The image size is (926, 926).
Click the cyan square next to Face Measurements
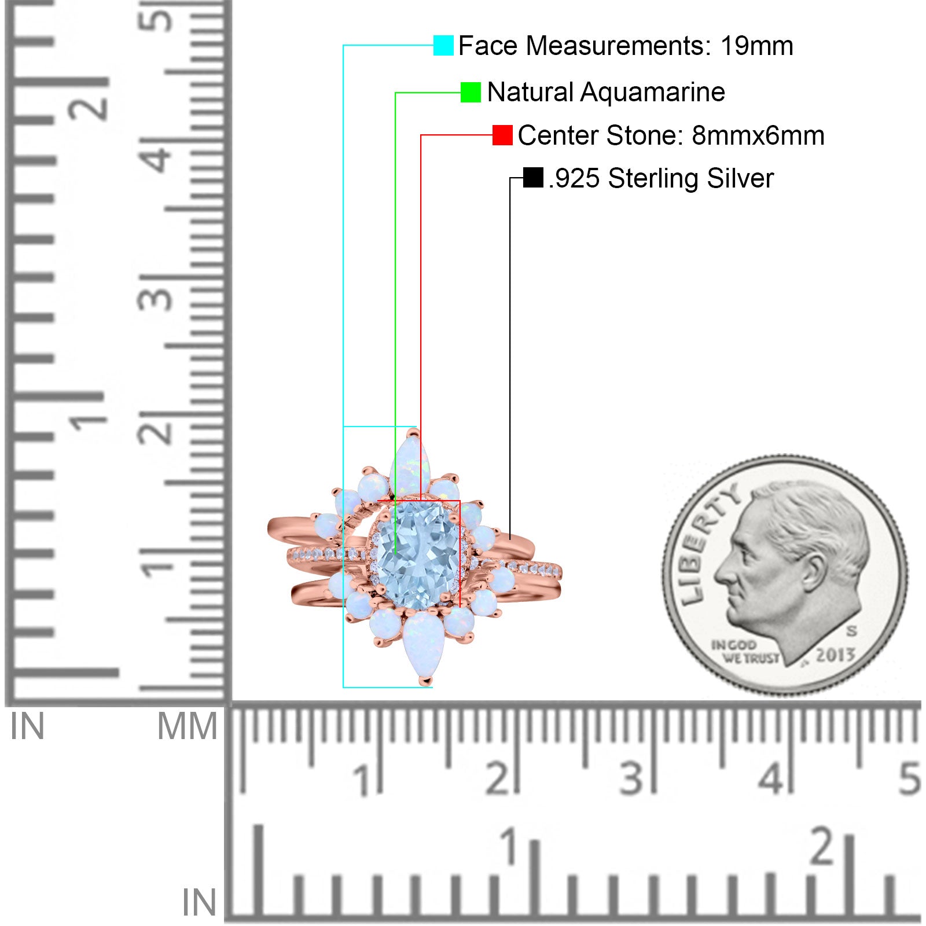[x=443, y=45]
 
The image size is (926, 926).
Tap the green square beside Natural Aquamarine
[x=471, y=92]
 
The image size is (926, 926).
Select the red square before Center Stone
[x=502, y=135]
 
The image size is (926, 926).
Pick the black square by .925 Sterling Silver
[x=533, y=178]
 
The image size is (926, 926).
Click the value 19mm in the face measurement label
[x=756, y=46]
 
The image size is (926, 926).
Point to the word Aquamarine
[x=652, y=92]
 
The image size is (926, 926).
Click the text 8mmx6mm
[x=758, y=135]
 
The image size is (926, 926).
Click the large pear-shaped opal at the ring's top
[x=411, y=466]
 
